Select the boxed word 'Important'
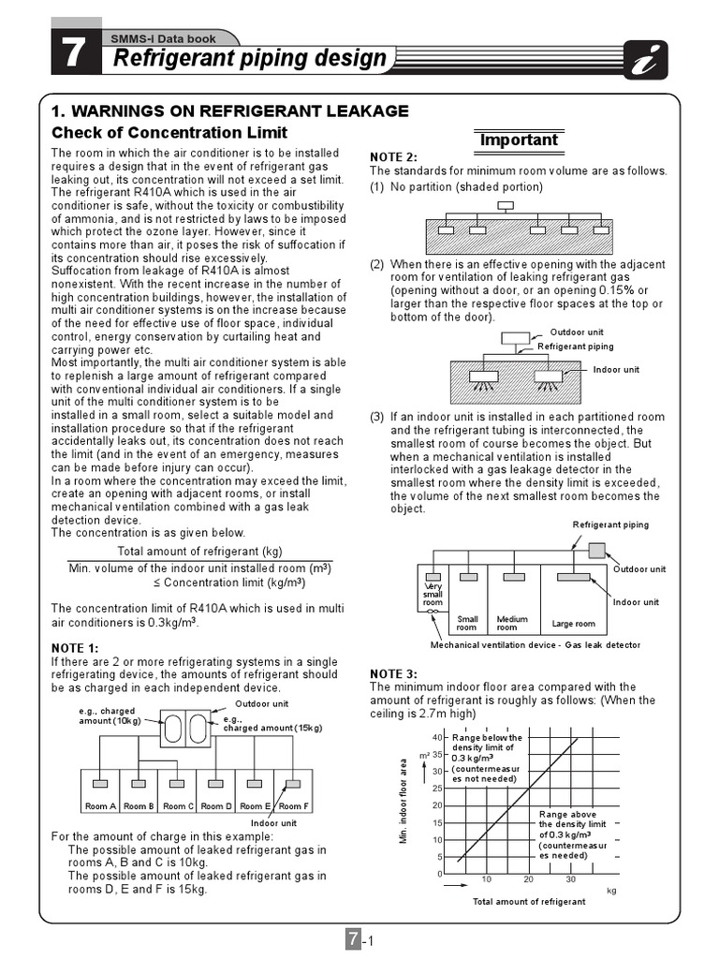pos(518,140)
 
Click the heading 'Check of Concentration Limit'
pos(169,132)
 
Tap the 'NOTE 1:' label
pos(74,648)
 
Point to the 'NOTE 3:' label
pos(393,673)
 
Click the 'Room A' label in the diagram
pos(100,805)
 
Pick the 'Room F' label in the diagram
pos(292,805)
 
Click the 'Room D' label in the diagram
pos(216,805)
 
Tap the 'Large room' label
pos(573,624)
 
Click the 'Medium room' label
pos(512,623)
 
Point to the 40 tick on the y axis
pos(436,738)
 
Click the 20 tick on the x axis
pos(528,879)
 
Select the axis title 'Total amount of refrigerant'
pos(529,902)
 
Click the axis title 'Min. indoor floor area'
pos(404,802)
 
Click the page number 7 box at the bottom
pos(353,939)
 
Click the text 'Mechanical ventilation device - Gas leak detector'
pos(536,646)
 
